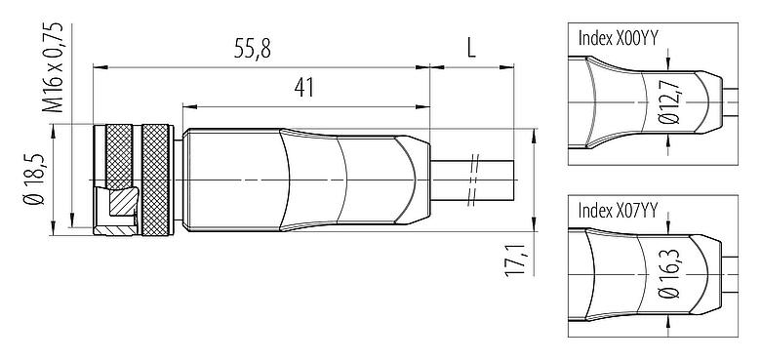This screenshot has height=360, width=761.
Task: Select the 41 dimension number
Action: pyautogui.click(x=304, y=88)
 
